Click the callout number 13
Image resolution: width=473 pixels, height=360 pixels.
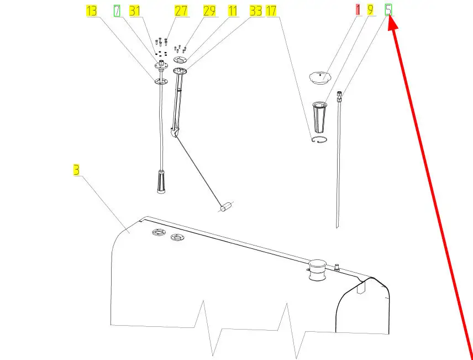click(91, 11)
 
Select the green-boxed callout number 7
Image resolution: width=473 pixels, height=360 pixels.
click(117, 11)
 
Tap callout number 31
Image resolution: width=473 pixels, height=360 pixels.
click(134, 11)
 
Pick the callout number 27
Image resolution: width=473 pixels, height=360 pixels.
click(181, 11)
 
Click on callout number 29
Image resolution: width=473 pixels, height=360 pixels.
click(209, 11)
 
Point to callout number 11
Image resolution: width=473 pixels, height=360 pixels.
click(232, 11)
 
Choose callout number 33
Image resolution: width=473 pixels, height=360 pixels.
click(256, 11)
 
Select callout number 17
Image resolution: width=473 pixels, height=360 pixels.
click(271, 11)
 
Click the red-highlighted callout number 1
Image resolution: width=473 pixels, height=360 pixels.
click(358, 10)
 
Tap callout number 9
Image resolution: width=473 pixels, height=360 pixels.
click(370, 10)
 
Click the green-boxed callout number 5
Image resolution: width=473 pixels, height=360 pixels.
click(388, 10)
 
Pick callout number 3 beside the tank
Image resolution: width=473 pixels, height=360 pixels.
click(76, 170)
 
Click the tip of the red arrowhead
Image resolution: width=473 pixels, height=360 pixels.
click(388, 16)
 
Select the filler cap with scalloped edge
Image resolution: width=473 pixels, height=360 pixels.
click(320, 77)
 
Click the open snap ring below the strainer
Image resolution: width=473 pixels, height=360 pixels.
click(319, 139)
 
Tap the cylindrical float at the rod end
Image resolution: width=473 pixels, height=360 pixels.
click(226, 208)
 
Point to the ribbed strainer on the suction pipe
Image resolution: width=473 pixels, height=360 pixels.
click(161, 181)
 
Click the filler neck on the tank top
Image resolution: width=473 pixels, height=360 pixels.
click(317, 269)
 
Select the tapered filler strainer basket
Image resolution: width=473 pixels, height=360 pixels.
click(319, 117)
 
